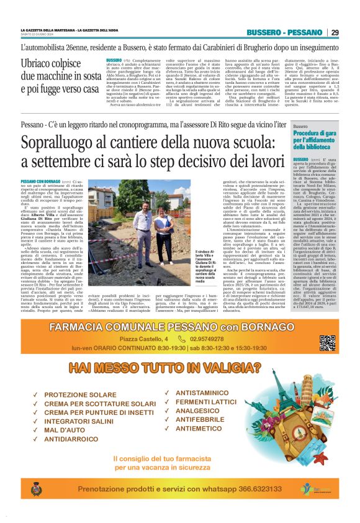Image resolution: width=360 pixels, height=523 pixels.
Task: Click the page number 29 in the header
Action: click(335, 32)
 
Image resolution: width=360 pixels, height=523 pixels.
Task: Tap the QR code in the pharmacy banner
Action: click(327, 342)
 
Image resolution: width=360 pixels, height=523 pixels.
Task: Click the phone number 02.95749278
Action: click(208, 339)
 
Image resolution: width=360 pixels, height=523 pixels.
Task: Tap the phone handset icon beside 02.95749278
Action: click(181, 339)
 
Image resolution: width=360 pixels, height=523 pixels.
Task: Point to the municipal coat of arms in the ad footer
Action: click(35, 490)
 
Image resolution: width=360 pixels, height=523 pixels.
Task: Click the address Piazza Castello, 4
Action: click(144, 339)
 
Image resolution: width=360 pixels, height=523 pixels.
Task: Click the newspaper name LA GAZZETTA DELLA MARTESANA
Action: click(47, 29)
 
